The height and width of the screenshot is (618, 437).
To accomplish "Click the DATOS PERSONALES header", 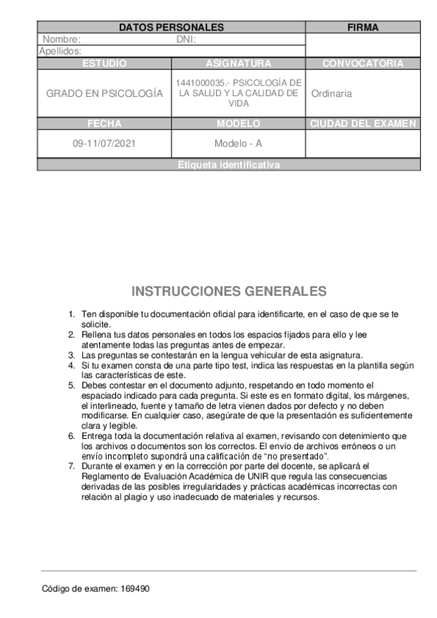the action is pos(171,28).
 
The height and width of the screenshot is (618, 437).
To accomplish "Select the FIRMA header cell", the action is pos(363,28).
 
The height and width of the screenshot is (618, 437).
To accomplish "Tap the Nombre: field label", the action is pos(61,39).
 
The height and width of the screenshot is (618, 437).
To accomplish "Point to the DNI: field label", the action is pos(187,39).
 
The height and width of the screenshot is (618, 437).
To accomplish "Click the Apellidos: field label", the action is pos(60,51).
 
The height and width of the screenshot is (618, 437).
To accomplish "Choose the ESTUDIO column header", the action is pos(104,63).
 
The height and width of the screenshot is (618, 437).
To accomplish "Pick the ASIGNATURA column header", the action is pos(239,63).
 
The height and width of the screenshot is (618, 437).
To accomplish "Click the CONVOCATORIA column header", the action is pos(363,63).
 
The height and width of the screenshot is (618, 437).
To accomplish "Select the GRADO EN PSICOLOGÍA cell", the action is pos(104,94).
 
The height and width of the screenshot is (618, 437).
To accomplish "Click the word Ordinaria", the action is pos(331,94).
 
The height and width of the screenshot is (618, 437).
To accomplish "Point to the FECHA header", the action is pos(104,123).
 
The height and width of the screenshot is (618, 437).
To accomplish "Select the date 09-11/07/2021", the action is pos(104,144).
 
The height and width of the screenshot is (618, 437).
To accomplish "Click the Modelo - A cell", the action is pos(239,144).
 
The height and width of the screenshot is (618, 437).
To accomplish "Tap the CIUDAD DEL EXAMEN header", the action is pos(363,123).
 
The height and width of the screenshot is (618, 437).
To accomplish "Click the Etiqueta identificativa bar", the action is pos(228,165).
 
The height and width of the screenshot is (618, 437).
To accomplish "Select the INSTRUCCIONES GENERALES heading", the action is pos(229,292).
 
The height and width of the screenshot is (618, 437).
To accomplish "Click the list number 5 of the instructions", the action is pos(71,384).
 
